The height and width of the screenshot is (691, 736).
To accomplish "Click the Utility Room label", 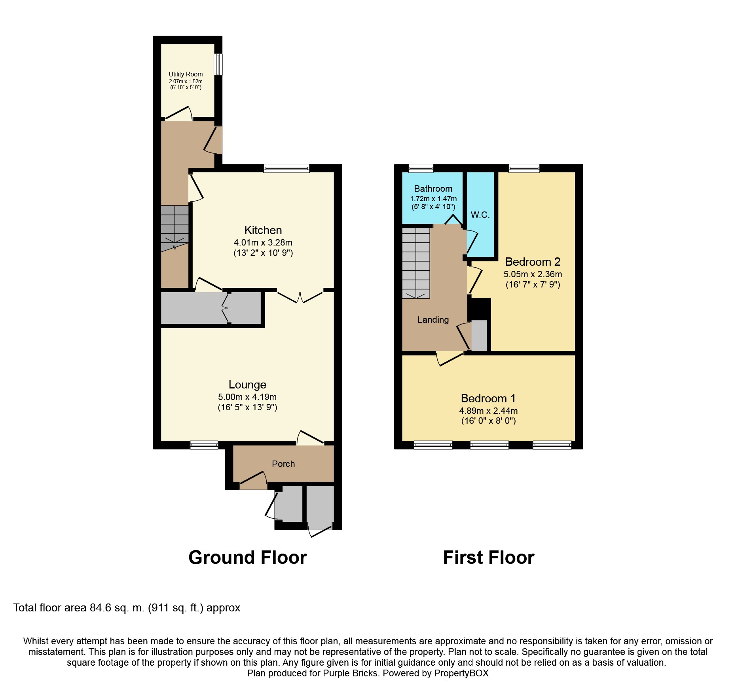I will pyautogui.click(x=186, y=74).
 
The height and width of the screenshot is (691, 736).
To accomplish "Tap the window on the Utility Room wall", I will pyautogui.click(x=218, y=65).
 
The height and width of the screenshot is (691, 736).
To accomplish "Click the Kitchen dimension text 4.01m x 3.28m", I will pyautogui.click(x=263, y=242).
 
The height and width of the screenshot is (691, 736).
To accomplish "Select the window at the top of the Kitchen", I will pyautogui.click(x=286, y=169).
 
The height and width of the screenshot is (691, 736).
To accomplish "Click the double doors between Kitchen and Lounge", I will pyautogui.click(x=300, y=296).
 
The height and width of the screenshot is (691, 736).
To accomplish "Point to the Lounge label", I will pyautogui.click(x=247, y=385).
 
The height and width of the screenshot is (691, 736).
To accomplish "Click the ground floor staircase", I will pyautogui.click(x=175, y=228).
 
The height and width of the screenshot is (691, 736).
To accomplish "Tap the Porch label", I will pyautogui.click(x=283, y=464).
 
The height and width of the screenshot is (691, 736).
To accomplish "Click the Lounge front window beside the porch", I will pyautogui.click(x=204, y=445).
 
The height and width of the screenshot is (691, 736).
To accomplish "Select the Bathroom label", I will pyautogui.click(x=433, y=188).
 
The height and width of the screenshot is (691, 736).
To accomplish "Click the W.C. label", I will pyautogui.click(x=480, y=215).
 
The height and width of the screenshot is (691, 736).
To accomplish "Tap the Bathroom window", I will pyautogui.click(x=421, y=169).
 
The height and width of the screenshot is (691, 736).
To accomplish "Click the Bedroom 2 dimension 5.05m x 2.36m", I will pyautogui.click(x=533, y=274).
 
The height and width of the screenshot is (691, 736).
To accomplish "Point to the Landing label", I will pyautogui.click(x=433, y=320).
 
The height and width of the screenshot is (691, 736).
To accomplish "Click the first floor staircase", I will pyautogui.click(x=416, y=263).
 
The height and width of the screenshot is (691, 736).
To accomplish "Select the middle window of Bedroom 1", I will pyautogui.click(x=489, y=445).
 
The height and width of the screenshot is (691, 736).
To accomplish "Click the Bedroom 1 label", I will pyautogui.click(x=488, y=398).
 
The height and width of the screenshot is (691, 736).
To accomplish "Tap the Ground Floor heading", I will pyautogui.click(x=247, y=558).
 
